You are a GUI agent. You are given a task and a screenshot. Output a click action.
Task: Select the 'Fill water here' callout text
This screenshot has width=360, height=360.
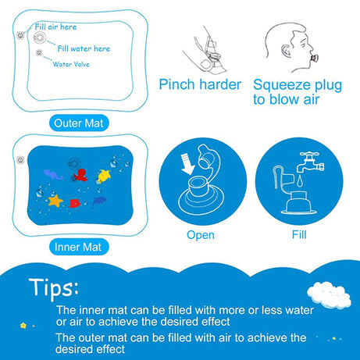84,48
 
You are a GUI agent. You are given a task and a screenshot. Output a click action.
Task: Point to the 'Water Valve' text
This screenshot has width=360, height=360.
73,64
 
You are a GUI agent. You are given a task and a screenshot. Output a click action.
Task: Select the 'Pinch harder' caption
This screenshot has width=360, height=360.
199,84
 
